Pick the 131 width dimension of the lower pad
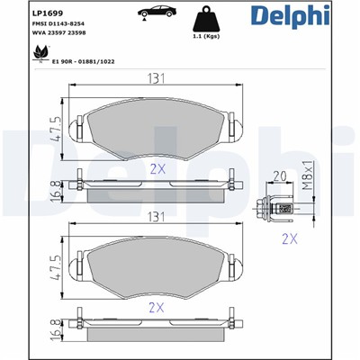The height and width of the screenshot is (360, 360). point(158,217)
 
